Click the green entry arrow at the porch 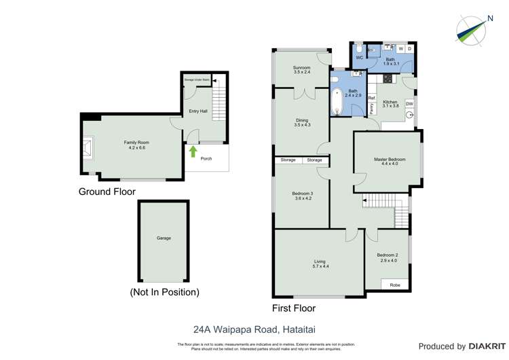coord(192,151)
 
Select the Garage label coord(164,238)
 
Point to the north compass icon coord(472,31)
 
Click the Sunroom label coord(302,68)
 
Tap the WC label coord(360,58)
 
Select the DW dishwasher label coord(409,103)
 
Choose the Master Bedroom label coord(390,160)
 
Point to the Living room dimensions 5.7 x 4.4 coord(321,266)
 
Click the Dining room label coord(302,121)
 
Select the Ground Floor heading coord(107,192)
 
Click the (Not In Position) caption coord(164,292)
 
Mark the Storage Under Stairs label coord(197,79)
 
